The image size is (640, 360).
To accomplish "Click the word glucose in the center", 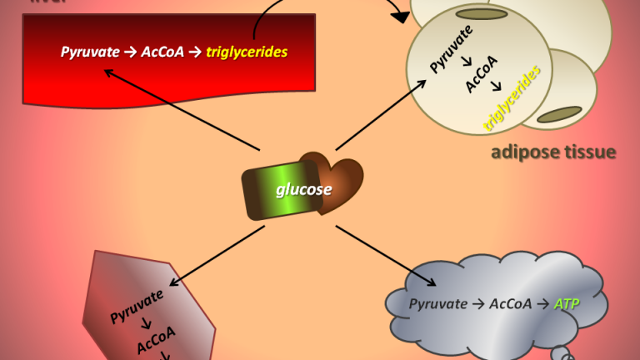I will [x=304, y=189].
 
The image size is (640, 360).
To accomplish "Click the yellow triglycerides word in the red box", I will [x=249, y=52].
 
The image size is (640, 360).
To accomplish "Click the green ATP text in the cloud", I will [x=567, y=304].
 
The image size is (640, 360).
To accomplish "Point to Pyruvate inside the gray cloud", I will [x=438, y=304].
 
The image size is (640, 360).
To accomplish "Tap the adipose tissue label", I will [x=552, y=152].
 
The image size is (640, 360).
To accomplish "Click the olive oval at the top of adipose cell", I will [x=482, y=14].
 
